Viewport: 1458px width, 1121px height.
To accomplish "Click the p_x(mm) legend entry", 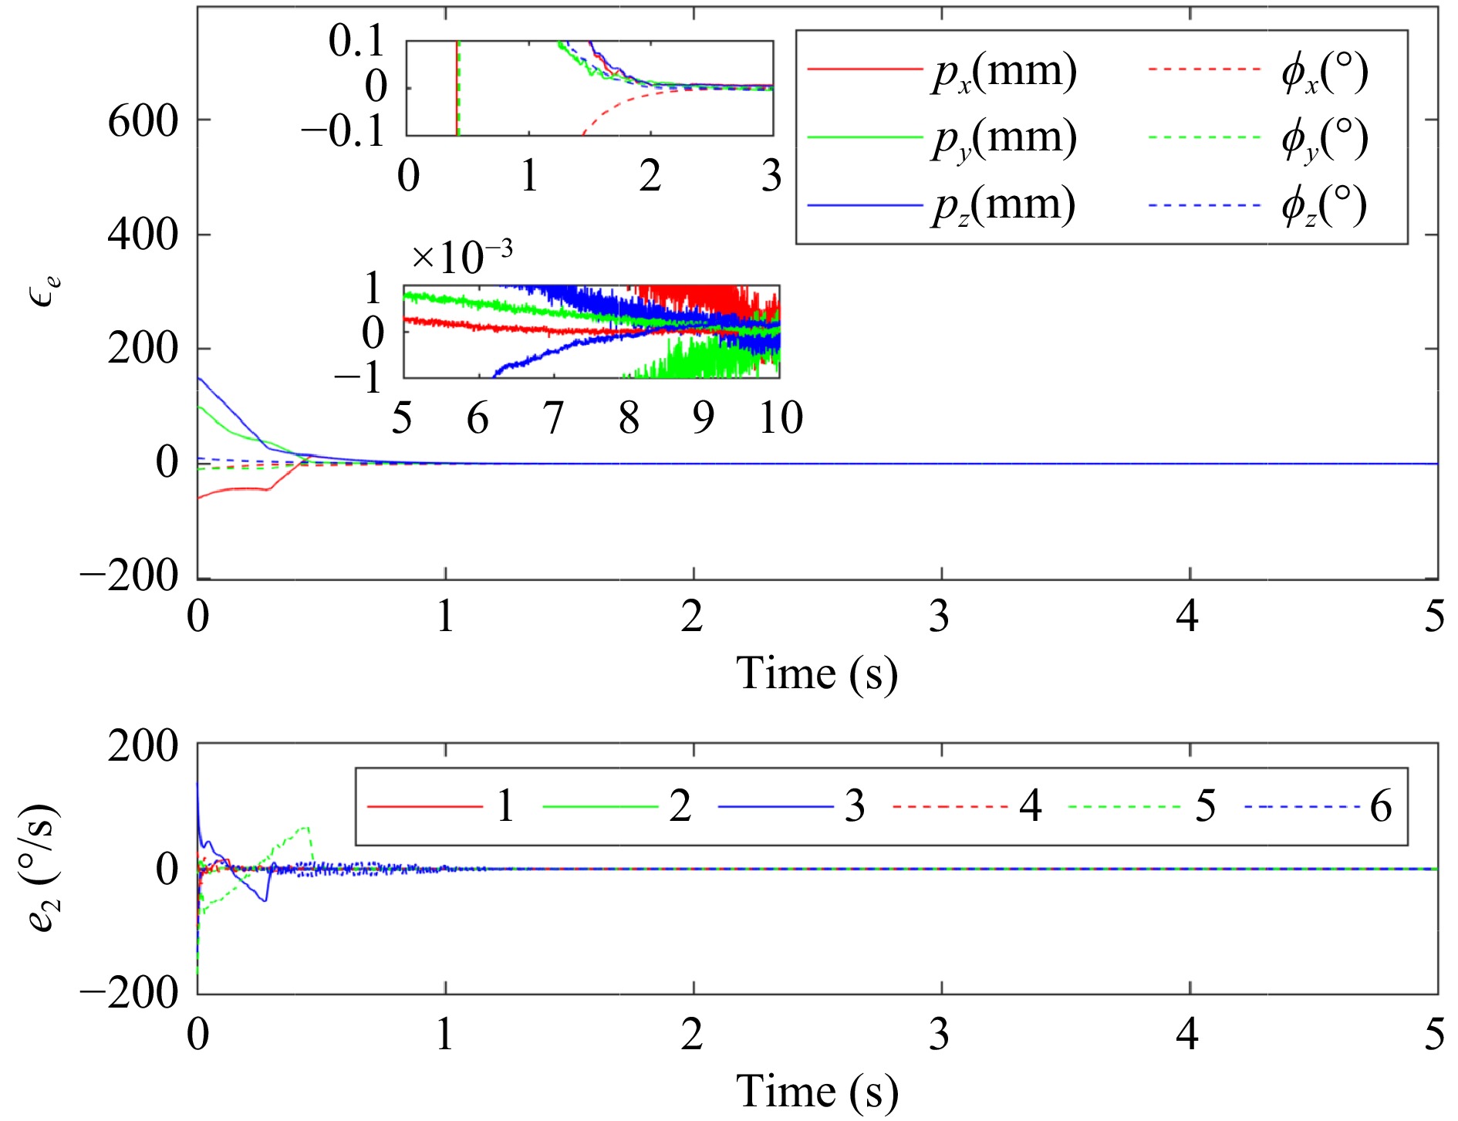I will [x=1004, y=72].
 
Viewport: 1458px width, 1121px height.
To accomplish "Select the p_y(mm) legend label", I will [x=1004, y=139].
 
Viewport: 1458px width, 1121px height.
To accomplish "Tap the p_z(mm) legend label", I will [x=1003, y=206].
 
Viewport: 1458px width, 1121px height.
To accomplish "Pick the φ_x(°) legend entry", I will [x=1324, y=72].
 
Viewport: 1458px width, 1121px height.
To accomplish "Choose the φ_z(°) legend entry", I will [x=1323, y=206].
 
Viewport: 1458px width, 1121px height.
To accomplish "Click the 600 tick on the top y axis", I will [x=143, y=121].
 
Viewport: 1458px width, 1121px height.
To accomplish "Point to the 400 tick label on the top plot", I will [x=143, y=235].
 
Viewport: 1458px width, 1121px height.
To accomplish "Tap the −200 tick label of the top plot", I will [x=129, y=576].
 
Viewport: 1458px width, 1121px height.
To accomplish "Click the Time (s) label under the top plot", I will [x=817, y=673].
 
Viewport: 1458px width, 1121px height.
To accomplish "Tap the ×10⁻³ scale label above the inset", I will [x=461, y=257].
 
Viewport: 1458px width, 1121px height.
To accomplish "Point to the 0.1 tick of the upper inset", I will [x=356, y=41].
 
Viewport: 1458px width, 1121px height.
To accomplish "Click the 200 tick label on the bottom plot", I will [x=143, y=746].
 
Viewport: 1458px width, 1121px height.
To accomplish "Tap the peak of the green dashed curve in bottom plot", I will [x=307, y=828].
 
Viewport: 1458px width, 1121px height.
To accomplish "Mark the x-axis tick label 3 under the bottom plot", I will [x=939, y=1034].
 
